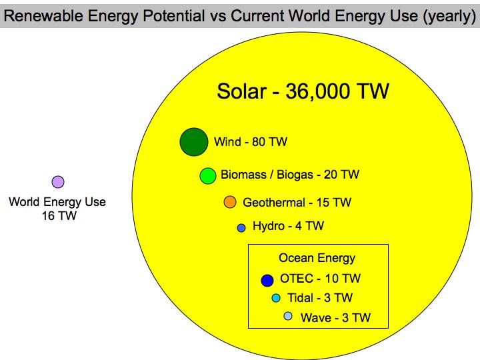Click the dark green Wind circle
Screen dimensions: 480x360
pos(194,142)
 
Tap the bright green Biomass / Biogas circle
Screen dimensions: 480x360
pos(208,176)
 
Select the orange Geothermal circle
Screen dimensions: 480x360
pos(230,202)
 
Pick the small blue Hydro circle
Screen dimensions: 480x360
pos(241,228)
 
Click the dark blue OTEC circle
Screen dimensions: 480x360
pos(267,281)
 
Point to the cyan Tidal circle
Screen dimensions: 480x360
pos(276,298)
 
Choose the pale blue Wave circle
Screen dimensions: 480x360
pos(288,316)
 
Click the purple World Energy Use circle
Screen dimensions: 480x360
pos(58,182)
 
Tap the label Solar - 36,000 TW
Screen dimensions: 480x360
pos(303,91)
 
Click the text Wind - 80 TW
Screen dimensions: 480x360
pos(251,142)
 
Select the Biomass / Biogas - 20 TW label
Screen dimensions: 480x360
pos(290,175)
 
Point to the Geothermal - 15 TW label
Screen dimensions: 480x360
pos(297,203)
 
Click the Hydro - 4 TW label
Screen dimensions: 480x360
pos(288,226)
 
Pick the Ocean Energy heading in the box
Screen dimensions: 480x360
pos(317,258)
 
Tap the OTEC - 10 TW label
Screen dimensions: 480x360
pos(320,279)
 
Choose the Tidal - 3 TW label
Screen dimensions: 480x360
pos(320,298)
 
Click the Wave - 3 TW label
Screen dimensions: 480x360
pos(335,318)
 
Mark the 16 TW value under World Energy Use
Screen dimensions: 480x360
pos(59,216)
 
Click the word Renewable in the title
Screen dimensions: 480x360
pos(43,15)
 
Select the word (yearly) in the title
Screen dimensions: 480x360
pos(449,16)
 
